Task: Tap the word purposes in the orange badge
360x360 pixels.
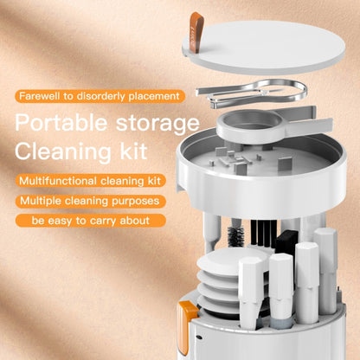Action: (136, 201)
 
